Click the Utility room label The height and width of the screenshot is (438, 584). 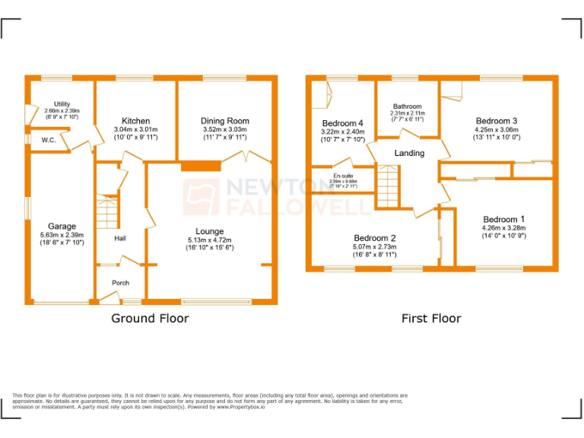pos(62,104)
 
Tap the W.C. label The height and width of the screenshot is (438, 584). pos(49,140)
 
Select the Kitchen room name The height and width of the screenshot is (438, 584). pos(136,121)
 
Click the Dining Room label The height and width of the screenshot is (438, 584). pos(224,121)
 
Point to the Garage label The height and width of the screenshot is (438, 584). pos(62,227)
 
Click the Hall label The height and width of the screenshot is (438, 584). pos(120,239)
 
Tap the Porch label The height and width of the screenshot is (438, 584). pos(120,283)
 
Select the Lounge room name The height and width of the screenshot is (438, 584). pos(209,231)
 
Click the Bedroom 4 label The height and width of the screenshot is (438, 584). pos(343,123)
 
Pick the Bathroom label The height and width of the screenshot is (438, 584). pos(408,106)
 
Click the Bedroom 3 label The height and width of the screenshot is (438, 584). pos(497,121)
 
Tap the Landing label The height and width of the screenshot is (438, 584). pos(409,153)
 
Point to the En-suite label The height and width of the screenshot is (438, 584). pos(344,176)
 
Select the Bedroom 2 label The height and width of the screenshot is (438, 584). pos(375,237)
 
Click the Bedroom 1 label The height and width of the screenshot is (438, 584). pos(503,219)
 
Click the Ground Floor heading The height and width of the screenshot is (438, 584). pos(150,318)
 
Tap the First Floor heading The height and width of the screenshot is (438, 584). pos(431,318)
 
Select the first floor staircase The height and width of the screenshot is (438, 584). pos(388,180)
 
